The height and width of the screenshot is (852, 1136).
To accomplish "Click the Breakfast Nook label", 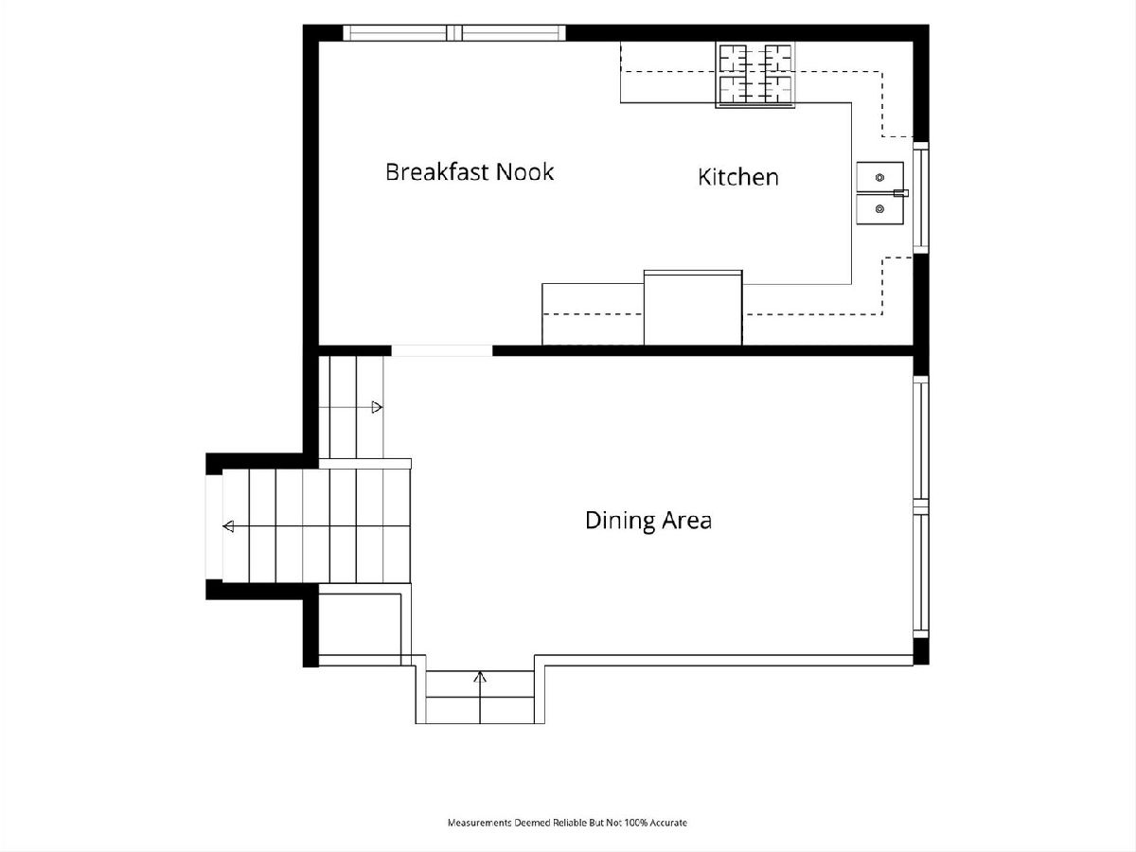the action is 470,171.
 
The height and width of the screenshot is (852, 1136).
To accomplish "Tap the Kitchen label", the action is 738,177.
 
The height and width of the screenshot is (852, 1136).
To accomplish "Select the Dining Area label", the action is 648,521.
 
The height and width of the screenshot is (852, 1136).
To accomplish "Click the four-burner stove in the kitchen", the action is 755,75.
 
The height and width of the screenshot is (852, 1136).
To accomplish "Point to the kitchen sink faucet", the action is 901,193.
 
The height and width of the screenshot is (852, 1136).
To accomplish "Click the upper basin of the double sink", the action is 879,177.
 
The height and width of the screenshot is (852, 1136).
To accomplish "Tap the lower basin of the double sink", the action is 879,209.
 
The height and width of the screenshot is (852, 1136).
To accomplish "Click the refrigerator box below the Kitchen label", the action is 693,308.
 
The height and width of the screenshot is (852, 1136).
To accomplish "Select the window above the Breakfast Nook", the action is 454,32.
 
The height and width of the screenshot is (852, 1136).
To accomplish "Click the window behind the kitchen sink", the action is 921,198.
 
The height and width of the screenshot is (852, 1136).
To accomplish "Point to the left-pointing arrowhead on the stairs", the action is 228,526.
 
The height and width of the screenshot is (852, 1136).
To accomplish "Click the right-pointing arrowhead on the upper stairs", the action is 377,407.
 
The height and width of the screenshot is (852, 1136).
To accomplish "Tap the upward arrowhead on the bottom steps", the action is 480,677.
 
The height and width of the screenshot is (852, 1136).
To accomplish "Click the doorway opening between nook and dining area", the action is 441,350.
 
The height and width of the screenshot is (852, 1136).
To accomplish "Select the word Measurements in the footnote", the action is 479,823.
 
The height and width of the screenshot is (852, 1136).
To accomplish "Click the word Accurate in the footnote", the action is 668,823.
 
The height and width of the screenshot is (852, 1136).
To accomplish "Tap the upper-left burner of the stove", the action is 734,59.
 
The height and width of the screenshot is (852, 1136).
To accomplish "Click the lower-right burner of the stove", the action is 778,90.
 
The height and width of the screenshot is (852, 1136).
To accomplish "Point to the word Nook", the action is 524,171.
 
